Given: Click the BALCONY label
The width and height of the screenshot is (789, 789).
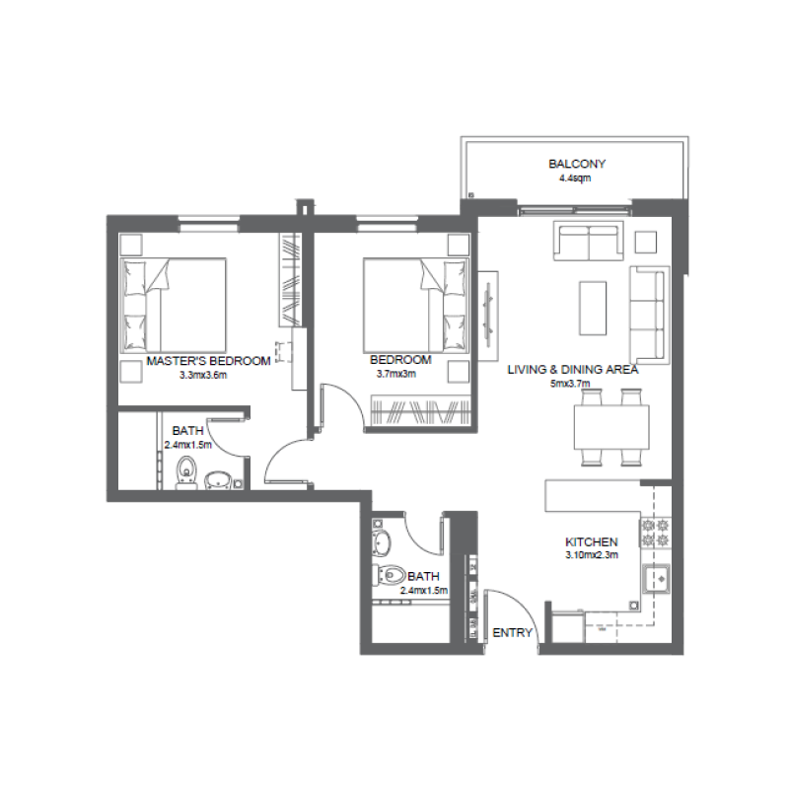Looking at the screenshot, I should pyautogui.click(x=577, y=165).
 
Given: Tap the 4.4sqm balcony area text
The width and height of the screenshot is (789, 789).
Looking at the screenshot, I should pyautogui.click(x=577, y=179).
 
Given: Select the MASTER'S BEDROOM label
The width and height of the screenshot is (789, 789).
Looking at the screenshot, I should pyautogui.click(x=208, y=361).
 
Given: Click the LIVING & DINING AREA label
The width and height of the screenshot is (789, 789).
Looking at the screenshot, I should pyautogui.click(x=573, y=370).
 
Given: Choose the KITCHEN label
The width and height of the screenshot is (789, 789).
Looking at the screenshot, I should pyautogui.click(x=591, y=542).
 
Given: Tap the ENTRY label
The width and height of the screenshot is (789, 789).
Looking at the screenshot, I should pyautogui.click(x=512, y=632).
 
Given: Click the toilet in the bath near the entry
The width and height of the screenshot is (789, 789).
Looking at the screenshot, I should pyautogui.click(x=390, y=574).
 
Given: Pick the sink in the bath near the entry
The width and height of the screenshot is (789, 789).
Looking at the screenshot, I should pyautogui.click(x=383, y=540).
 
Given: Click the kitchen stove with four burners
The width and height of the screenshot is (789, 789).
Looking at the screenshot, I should pyautogui.click(x=657, y=533).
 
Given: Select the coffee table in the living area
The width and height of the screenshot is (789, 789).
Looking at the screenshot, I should pyautogui.click(x=593, y=308).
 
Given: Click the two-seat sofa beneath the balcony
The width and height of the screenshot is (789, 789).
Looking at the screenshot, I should pyautogui.click(x=589, y=241).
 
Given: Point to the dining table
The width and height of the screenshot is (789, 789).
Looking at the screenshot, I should pyautogui.click(x=611, y=428).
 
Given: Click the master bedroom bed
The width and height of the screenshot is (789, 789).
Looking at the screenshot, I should pyautogui.click(x=174, y=305).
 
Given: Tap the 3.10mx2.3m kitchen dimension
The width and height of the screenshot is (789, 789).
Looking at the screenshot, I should pyautogui.click(x=591, y=556).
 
